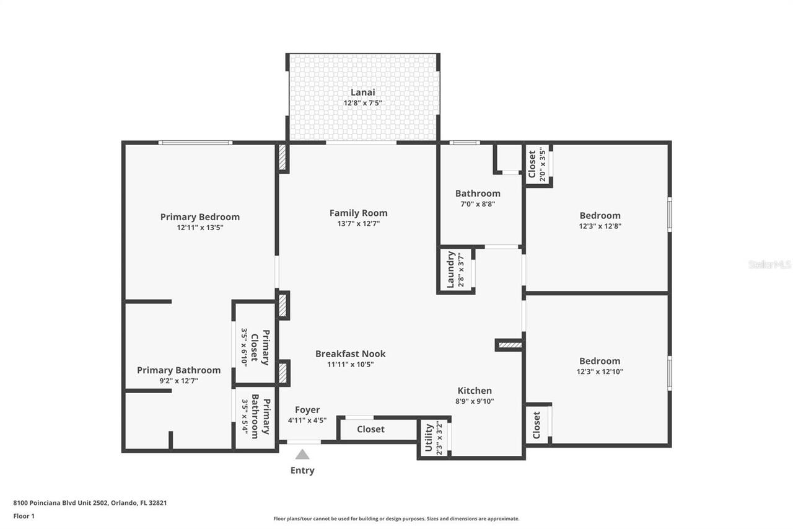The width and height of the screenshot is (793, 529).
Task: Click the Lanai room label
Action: pos(363,92)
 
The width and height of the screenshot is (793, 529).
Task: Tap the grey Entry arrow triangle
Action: pos(302,455)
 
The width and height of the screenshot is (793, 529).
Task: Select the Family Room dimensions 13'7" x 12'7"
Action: pos(358,223)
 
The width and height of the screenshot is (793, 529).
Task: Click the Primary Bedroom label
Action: pos(199,216)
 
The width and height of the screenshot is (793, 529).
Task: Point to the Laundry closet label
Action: pos(451,269)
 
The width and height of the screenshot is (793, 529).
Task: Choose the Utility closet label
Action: pos(428,438)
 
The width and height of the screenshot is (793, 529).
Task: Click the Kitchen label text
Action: pos(475,390)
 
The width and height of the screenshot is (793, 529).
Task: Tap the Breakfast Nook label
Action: pos(350,353)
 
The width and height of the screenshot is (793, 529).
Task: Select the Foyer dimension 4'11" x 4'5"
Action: pos(307,420)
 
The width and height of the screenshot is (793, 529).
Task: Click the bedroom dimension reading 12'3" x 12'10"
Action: pos(600,371)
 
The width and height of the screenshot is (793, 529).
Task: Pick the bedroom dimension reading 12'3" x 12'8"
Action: pos(600,226)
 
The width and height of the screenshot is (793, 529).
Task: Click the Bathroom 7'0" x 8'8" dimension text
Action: pos(478,203)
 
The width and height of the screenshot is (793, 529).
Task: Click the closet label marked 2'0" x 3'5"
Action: pos(532,164)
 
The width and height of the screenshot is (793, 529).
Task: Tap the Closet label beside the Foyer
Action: pos(370,429)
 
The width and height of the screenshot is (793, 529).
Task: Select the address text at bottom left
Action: pos(90,503)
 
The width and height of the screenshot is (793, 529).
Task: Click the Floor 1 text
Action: pos(24,515)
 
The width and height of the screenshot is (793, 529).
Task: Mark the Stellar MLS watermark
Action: pos(769,264)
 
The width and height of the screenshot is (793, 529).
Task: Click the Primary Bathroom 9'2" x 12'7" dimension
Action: pos(178,381)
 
